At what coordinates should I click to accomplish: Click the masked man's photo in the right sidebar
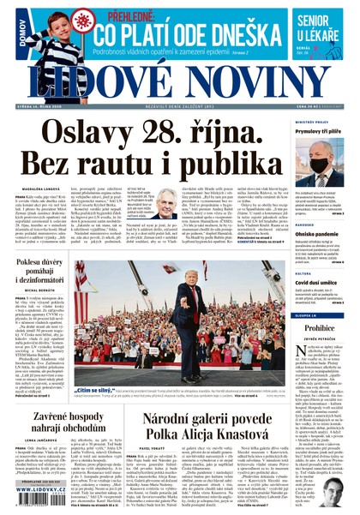coord(323,160)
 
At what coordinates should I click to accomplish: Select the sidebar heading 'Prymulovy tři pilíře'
coord(319,131)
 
